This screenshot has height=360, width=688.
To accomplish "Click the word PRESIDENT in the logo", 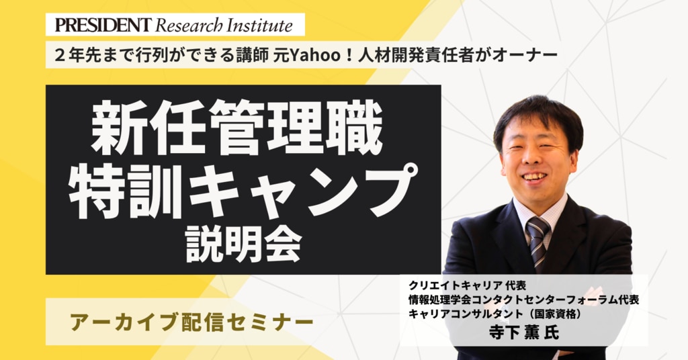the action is click(x=103, y=25).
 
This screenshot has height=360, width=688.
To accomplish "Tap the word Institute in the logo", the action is click(x=259, y=26).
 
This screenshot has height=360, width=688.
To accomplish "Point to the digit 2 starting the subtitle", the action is click(x=59, y=56).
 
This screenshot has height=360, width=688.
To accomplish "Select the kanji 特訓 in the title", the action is click(x=126, y=190).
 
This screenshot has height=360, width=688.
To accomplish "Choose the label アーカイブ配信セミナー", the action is click(x=191, y=323).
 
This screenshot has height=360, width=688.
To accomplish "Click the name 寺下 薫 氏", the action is click(x=524, y=332).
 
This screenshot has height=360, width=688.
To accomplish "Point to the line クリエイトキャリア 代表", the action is click(x=468, y=285).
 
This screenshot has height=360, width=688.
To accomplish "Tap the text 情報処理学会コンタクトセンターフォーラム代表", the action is click(x=523, y=300).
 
